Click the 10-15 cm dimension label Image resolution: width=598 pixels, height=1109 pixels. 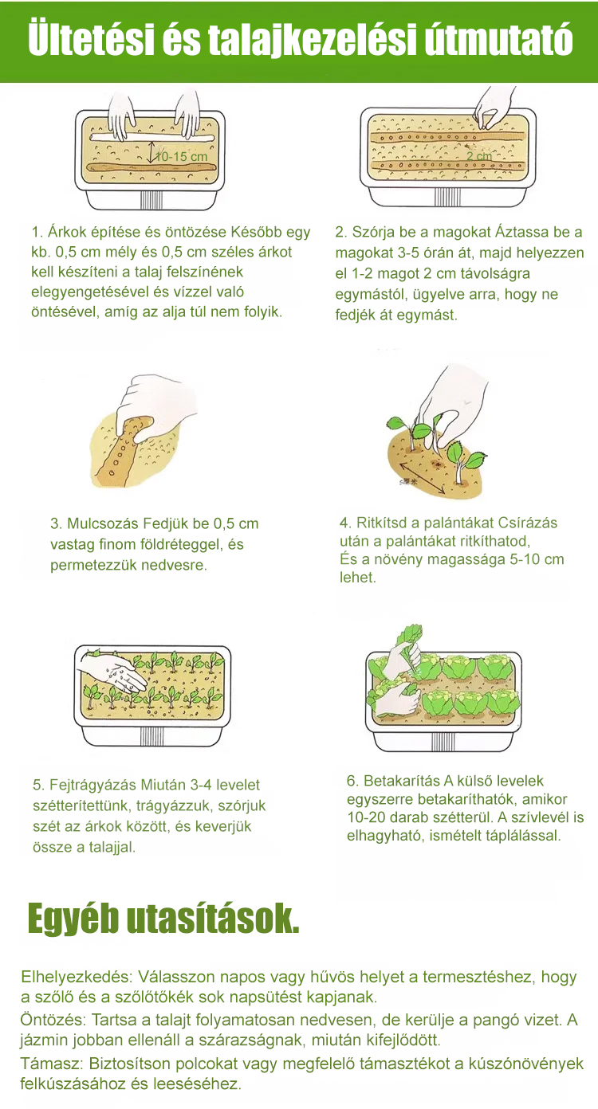point(181,156)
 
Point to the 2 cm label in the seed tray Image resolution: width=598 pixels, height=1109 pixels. point(479,156)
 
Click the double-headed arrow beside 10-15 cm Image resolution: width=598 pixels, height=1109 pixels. point(152,152)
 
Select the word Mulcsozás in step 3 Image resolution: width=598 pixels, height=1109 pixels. point(103,523)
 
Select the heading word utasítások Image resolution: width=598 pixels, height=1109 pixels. point(213,918)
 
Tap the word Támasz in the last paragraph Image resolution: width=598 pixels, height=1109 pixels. point(52,1063)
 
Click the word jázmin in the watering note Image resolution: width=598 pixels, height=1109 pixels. point(44,1040)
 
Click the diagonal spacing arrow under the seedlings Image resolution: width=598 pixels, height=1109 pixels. point(422,478)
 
